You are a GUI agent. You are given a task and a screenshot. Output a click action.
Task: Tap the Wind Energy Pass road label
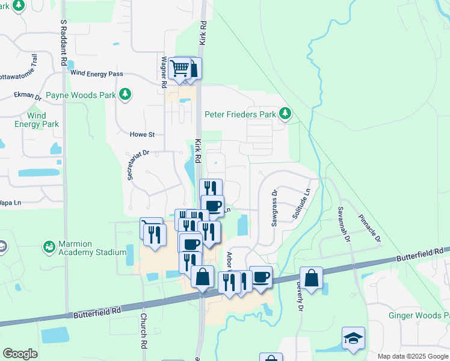(97, 74)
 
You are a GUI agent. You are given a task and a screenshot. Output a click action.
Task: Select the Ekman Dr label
(28, 96)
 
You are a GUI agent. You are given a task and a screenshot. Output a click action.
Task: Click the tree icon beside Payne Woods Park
(125, 94)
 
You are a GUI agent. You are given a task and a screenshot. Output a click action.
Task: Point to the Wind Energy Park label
(37, 120)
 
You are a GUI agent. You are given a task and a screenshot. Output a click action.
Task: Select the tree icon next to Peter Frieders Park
(285, 114)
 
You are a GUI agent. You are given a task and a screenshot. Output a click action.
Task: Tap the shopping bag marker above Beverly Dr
(312, 278)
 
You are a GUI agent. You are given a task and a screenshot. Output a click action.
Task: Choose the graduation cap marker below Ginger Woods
(353, 338)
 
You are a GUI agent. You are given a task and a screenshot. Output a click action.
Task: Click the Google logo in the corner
(20, 354)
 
